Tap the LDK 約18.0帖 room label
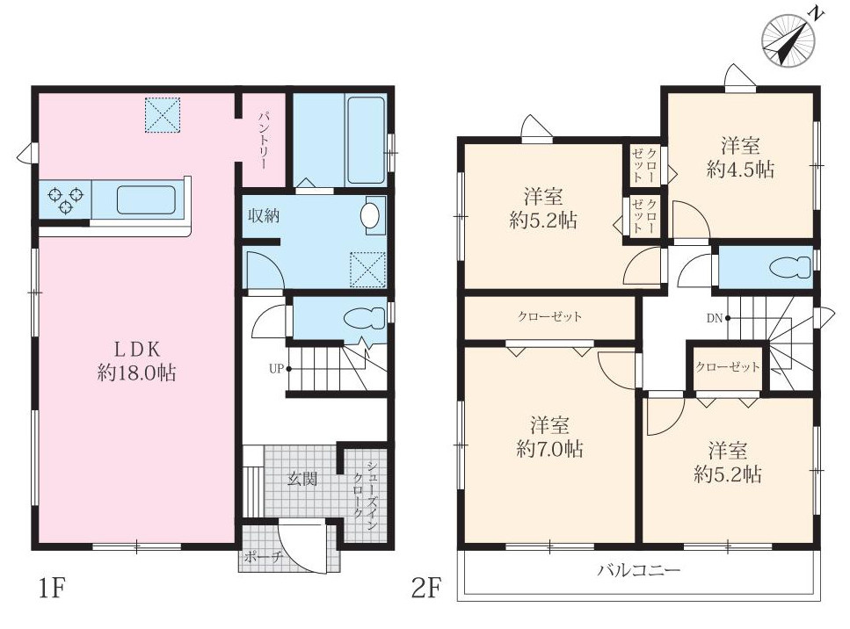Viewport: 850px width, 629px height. tap(136, 361)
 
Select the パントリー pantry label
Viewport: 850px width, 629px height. tap(264, 141)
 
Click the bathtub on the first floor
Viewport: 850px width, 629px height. tap(366, 140)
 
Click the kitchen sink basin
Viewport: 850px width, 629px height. tap(146, 200)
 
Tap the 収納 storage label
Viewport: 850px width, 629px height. tap(264, 215)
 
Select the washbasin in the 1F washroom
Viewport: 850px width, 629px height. tap(370, 215)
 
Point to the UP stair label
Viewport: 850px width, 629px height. tap(276, 369)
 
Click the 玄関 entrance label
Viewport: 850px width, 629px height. tap(302, 479)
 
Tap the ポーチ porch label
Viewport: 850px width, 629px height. tap(264, 557)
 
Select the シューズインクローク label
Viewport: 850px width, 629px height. tap(364, 490)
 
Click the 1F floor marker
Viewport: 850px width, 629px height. tap(53, 589)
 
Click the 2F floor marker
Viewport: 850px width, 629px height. tap(427, 588)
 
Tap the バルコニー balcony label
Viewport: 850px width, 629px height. tap(639, 570)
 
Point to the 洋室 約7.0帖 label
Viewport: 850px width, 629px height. tap(549, 437)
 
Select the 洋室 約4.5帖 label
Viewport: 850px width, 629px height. tap(740, 157)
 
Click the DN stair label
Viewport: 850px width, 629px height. tap(715, 318)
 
